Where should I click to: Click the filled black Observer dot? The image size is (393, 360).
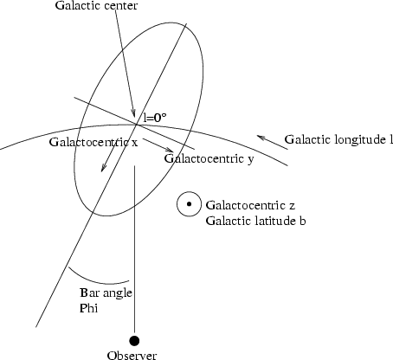pos(134,341)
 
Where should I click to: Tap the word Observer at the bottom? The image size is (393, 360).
pos(132,355)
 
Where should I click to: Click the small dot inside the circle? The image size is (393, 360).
pos(189,204)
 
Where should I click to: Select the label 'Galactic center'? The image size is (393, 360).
pos(96,5)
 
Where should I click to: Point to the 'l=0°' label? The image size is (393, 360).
pos(155,117)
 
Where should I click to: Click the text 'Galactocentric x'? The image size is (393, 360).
pos(93,142)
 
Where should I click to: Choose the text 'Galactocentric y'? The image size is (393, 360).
pos(209,158)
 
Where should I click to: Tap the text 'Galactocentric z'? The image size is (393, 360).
pos(250,205)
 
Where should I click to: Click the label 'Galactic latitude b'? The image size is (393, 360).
pos(255,221)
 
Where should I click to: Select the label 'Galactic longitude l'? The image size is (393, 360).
pos(338,139)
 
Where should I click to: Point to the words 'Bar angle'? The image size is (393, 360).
pos(106,292)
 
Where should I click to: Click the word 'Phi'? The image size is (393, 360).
pos(88,308)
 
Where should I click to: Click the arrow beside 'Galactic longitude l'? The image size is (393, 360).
pos(272,142)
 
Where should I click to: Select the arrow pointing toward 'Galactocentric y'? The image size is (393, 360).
pos(158,145)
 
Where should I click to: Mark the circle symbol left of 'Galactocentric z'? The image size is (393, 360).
pos(189,204)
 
